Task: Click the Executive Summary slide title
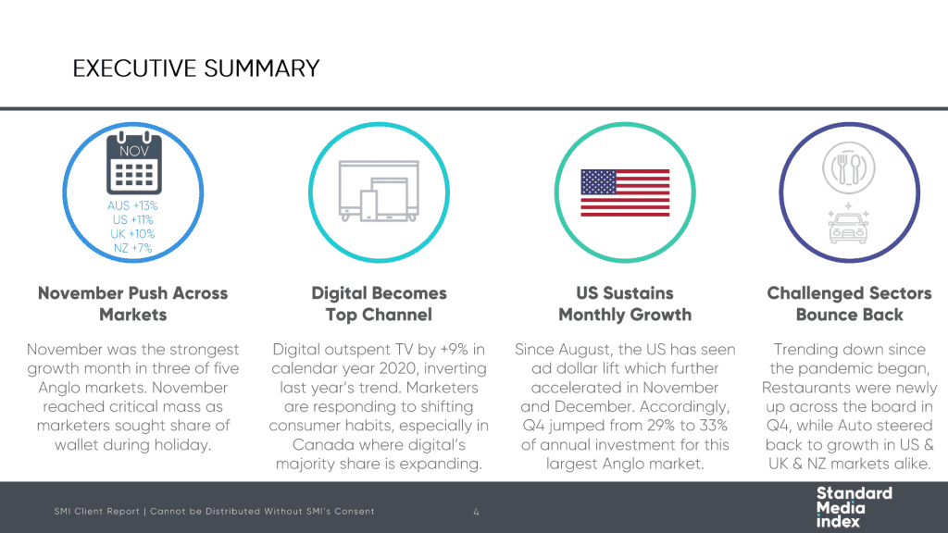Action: tap(196, 68)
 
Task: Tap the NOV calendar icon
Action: tap(133, 163)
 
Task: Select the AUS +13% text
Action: tap(132, 205)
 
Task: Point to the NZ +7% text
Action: tap(132, 248)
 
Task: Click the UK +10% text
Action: tap(132, 234)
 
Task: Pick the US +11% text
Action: tap(132, 220)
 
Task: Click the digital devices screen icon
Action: tap(379, 191)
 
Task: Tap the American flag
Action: tap(625, 192)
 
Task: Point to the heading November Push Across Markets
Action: tap(133, 304)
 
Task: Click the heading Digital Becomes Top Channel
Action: tap(379, 304)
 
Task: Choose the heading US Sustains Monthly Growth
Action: tap(625, 304)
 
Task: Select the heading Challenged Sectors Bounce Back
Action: tap(850, 304)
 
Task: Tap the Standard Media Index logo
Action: tap(854, 507)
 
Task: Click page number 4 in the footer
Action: tap(477, 512)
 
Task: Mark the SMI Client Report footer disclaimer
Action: tap(214, 511)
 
